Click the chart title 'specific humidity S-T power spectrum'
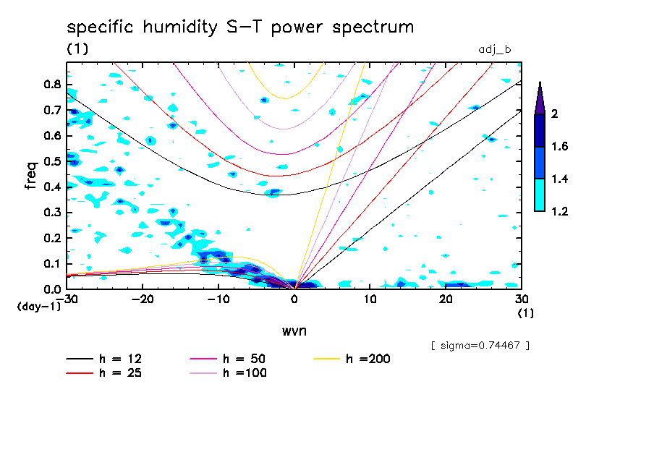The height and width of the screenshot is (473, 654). (240, 27)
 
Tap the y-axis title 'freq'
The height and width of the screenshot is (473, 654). (31, 176)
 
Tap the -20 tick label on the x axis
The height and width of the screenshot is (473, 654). (143, 299)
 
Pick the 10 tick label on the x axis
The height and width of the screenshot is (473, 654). (370, 299)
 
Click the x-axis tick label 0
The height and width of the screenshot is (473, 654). (294, 299)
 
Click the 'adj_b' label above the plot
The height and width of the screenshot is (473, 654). (495, 50)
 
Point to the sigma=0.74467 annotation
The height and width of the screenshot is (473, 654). (480, 346)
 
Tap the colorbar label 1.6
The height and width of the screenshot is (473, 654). (559, 147)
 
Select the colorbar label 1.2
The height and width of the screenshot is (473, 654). (559, 211)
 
